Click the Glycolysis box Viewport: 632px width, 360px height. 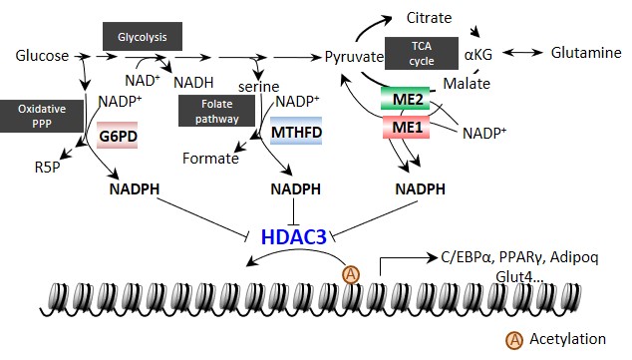click(x=143, y=36)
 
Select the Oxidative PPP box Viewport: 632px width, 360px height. click(x=42, y=116)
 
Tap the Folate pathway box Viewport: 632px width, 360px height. click(x=217, y=111)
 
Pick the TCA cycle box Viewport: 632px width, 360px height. click(x=422, y=53)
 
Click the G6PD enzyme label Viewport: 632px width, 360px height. click(x=118, y=136)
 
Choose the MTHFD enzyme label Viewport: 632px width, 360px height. click(x=296, y=132)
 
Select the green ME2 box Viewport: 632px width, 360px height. click(x=405, y=99)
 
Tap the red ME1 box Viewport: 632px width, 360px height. click(x=405, y=128)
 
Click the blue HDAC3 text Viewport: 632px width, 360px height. click(x=293, y=237)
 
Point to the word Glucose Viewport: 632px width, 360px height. click(x=42, y=56)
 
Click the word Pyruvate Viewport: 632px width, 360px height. click(x=354, y=57)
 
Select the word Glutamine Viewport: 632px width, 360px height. click(x=586, y=53)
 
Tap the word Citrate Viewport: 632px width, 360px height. click(x=429, y=18)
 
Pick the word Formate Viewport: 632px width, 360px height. click(x=210, y=158)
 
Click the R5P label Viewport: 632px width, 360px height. click(x=47, y=167)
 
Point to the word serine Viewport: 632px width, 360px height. click(x=259, y=87)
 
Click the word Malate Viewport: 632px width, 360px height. click(x=467, y=84)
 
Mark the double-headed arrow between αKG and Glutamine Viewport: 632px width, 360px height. click(x=522, y=53)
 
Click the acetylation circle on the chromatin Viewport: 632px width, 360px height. click(x=351, y=274)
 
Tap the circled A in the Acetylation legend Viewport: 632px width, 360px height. click(x=514, y=340)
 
